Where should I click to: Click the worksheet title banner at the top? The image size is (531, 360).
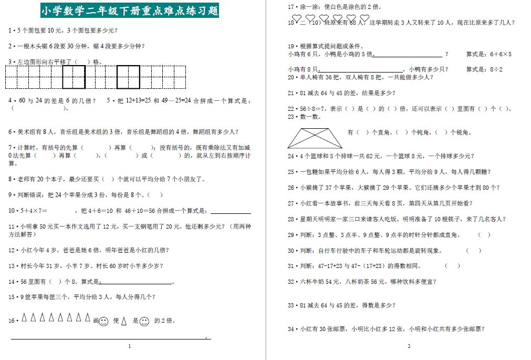point(129,10)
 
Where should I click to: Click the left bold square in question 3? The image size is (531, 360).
point(74,77)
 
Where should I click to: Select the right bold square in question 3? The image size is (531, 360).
point(128,77)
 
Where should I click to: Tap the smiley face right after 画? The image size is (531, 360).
point(103,321)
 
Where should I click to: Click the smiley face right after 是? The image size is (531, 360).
point(144,321)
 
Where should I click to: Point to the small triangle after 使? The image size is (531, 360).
point(124,321)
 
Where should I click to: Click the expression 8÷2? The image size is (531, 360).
point(496,69)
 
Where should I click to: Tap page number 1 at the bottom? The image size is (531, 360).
point(129,346)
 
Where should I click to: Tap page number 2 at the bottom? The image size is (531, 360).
point(409,346)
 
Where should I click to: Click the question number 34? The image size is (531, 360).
point(291,329)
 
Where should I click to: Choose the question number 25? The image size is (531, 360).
point(291,171)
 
